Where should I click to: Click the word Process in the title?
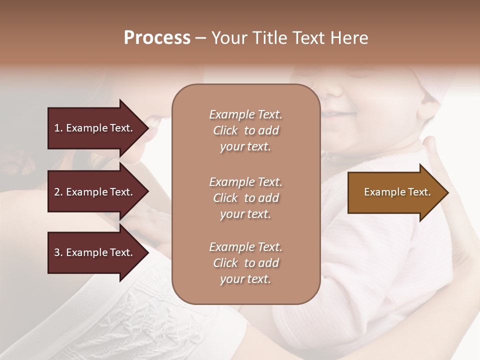[157, 38]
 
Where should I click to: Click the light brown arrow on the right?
[395, 192]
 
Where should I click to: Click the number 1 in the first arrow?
[57, 128]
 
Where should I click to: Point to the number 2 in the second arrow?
[57, 192]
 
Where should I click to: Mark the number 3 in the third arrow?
[57, 252]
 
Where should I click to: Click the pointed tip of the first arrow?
[146, 128]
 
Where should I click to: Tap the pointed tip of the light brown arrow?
[446, 192]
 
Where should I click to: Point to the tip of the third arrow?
[146, 252]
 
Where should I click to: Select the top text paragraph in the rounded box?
[245, 130]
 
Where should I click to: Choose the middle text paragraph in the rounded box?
[245, 198]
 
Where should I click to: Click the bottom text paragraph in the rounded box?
[245, 263]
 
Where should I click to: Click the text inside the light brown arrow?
[397, 192]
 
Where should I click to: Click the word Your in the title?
[229, 38]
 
